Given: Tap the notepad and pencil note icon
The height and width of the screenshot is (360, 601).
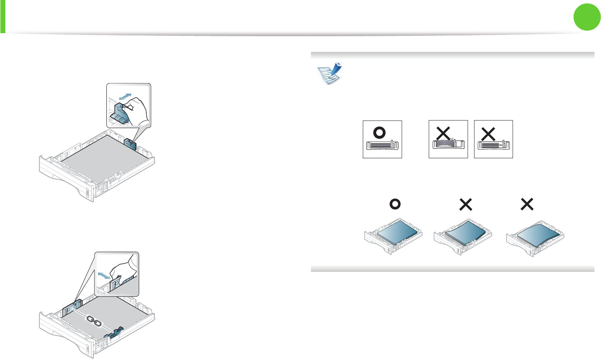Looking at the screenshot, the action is click(330, 73).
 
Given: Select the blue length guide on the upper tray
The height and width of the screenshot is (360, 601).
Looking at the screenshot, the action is click(130, 144).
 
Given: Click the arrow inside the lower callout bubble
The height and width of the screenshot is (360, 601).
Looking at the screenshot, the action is click(103, 275).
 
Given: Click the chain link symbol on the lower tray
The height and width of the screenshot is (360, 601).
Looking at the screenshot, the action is click(94, 320).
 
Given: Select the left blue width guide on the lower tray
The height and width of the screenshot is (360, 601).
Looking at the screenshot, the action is click(72, 307).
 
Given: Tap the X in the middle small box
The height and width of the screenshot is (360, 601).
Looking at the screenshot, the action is click(443, 133).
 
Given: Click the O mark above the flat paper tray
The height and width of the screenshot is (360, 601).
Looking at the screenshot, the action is click(395, 204).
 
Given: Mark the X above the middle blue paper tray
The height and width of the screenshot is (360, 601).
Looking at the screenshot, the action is click(466, 205).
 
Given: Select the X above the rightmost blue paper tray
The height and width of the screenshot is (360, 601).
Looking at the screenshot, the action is click(527, 204).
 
